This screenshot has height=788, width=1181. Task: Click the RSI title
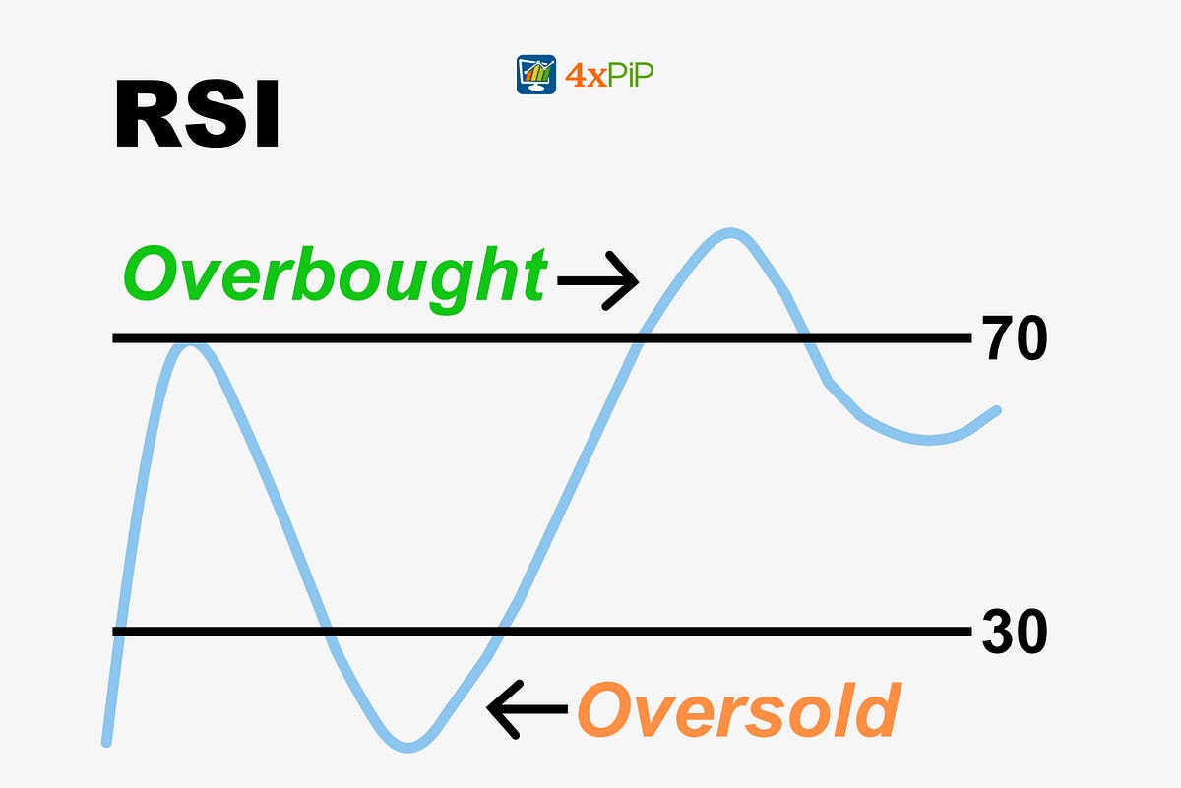[197, 115]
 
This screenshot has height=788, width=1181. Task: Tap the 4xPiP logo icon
[536, 75]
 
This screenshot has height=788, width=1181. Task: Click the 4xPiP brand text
[611, 75]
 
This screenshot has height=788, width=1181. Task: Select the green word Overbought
[334, 276]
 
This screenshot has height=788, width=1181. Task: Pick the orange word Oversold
[738, 709]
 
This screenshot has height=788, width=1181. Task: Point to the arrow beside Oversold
[528, 708]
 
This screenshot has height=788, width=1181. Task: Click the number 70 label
[1015, 339]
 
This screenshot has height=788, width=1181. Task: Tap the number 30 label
[1015, 632]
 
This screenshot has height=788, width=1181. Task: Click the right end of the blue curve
[996, 411]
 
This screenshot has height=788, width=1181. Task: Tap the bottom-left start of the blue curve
[107, 740]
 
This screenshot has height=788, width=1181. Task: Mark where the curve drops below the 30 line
[326, 631]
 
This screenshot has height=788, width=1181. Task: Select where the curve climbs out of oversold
[502, 631]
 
